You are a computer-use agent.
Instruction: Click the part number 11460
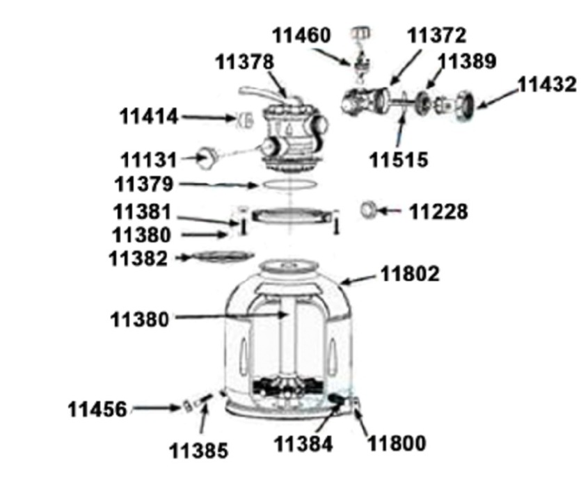click(x=301, y=35)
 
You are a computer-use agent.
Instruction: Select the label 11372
click(x=436, y=35)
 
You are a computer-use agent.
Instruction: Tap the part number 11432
click(x=547, y=85)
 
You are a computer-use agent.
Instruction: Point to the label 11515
click(x=399, y=160)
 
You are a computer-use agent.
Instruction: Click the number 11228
click(x=438, y=211)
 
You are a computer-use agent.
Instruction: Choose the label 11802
click(x=410, y=274)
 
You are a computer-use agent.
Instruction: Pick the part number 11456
click(x=97, y=409)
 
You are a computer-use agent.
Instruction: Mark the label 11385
click(x=199, y=451)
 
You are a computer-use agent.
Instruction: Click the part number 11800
click(x=397, y=444)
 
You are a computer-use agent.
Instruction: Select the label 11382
click(x=138, y=259)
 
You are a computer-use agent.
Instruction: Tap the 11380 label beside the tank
click(x=139, y=320)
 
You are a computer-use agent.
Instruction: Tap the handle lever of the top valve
click(x=259, y=93)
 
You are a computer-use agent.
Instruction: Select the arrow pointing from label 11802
click(x=358, y=280)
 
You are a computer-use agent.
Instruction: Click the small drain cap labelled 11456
click(x=187, y=405)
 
